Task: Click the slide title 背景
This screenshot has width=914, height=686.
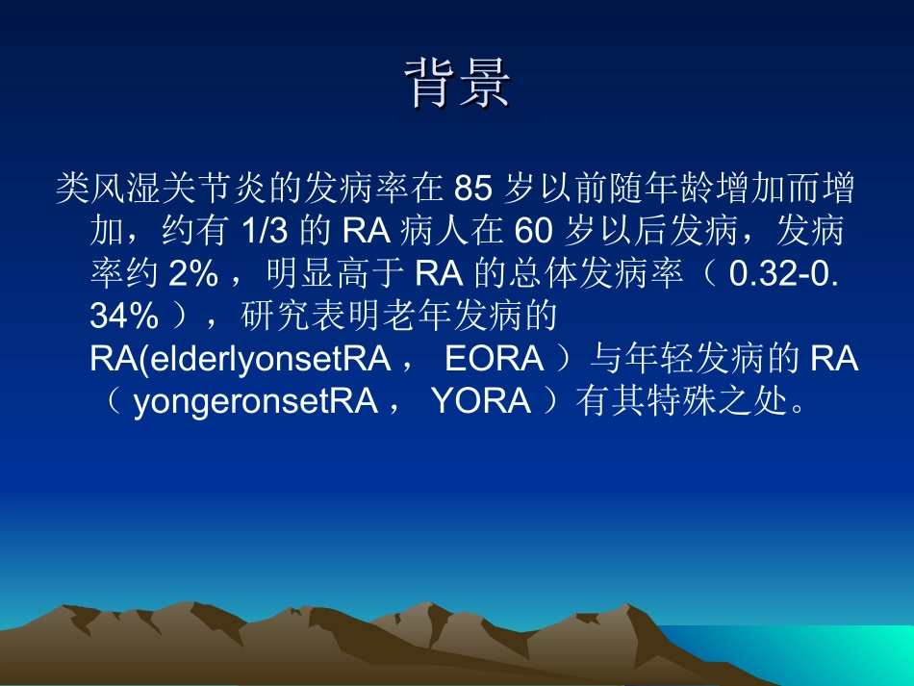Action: pyautogui.click(x=457, y=85)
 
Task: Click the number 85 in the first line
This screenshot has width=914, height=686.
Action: pyautogui.click(x=472, y=190)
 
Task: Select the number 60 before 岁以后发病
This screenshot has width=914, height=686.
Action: pyautogui.click(x=534, y=233)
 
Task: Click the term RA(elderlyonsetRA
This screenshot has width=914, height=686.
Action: pyautogui.click(x=240, y=359)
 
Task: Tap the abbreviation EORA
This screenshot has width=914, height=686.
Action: pyautogui.click(x=495, y=359)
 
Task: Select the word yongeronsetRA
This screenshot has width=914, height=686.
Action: pyautogui.click(x=255, y=400)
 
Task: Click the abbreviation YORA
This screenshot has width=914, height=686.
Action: pyautogui.click(x=481, y=400)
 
